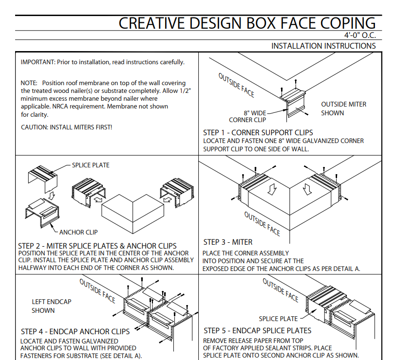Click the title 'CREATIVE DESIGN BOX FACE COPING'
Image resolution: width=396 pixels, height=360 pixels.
tap(247, 23)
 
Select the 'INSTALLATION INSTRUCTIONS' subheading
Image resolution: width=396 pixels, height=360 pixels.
tap(323, 46)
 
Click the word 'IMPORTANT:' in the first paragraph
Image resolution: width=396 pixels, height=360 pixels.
tap(38, 62)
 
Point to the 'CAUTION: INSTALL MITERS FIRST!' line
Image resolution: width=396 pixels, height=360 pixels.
tap(67, 127)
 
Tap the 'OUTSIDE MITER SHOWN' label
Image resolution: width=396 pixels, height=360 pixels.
tap(343, 108)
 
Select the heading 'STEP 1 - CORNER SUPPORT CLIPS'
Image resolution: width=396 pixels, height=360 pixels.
tap(258, 132)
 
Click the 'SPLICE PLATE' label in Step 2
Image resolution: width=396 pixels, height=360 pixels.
tap(91, 165)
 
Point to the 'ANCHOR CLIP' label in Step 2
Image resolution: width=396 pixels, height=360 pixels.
tap(78, 232)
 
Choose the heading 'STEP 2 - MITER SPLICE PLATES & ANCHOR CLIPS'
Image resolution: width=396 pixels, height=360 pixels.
tap(97, 246)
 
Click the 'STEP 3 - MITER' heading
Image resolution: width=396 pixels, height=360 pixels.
tap(228, 242)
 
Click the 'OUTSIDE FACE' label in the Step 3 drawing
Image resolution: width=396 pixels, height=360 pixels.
tap(262, 224)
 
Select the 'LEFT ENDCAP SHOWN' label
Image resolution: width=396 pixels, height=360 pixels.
tap(51, 306)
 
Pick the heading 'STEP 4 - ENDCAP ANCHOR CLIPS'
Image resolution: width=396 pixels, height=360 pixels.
tap(75, 331)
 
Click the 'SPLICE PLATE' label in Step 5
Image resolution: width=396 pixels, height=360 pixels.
tap(278, 319)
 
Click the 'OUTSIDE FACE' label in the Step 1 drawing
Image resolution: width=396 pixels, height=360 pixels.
tap(236, 85)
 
